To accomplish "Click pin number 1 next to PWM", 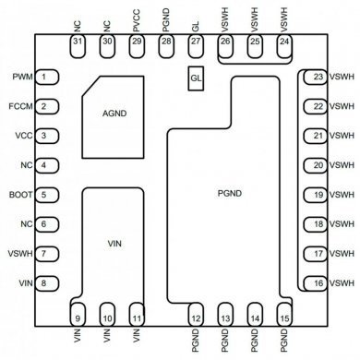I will tap(44, 77).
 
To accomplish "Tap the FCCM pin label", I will tap(18, 106).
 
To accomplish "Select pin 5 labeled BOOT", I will tap(44, 196).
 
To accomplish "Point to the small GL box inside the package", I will tap(195, 80).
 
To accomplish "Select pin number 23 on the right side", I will tap(318, 77).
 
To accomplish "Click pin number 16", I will tap(318, 283).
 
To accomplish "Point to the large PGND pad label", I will tap(231, 195).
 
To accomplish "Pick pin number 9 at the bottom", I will tap(78, 318).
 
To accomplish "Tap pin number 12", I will tap(195, 318).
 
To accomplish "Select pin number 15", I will tap(283, 318).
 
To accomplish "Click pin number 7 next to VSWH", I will tap(44, 254).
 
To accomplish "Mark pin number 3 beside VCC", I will tap(44, 136).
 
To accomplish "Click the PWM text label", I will tap(19, 77).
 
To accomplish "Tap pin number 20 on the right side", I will tap(318, 165).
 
